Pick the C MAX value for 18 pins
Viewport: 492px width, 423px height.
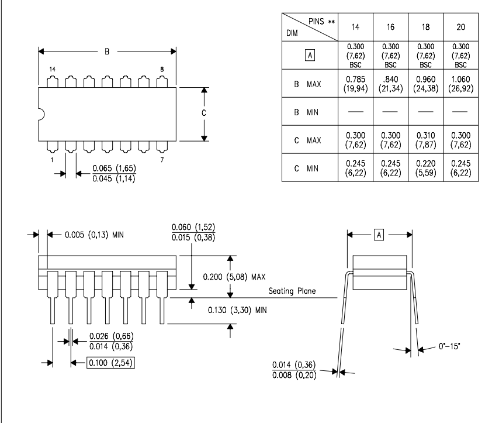click(x=425, y=140)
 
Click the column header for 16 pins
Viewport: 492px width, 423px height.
click(x=390, y=27)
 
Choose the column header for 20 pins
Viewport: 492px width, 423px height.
click(x=460, y=27)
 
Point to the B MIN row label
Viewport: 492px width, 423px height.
click(x=306, y=112)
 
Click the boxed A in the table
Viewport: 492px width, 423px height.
click(x=310, y=56)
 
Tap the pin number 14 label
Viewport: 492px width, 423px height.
click(x=52, y=69)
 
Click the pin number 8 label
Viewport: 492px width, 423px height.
click(x=162, y=69)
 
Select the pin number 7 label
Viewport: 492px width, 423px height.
click(x=162, y=160)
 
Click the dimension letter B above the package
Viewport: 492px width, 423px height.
click(x=107, y=51)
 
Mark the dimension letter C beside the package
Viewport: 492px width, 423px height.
click(x=204, y=113)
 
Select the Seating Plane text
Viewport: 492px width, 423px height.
click(x=292, y=291)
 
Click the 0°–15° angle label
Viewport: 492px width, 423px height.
click(x=449, y=346)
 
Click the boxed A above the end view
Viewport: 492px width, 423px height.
click(x=379, y=235)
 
